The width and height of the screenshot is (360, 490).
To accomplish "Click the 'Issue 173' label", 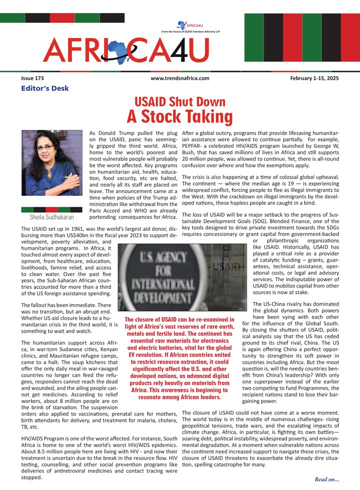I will [x=32, y=78].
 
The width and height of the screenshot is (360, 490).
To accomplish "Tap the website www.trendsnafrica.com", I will [x=179, y=78].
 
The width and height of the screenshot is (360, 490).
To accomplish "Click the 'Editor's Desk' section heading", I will [x=45, y=89].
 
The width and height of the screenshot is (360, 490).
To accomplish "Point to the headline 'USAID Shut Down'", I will [x=179, y=102].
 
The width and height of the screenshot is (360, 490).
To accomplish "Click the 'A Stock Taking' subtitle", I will [x=179, y=117].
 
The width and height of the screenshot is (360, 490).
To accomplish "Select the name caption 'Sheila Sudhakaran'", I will [x=52, y=218].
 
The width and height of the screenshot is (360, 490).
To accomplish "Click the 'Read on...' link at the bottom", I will [x=327, y=480].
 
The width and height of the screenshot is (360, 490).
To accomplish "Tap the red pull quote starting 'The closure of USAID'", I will [x=178, y=358].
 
